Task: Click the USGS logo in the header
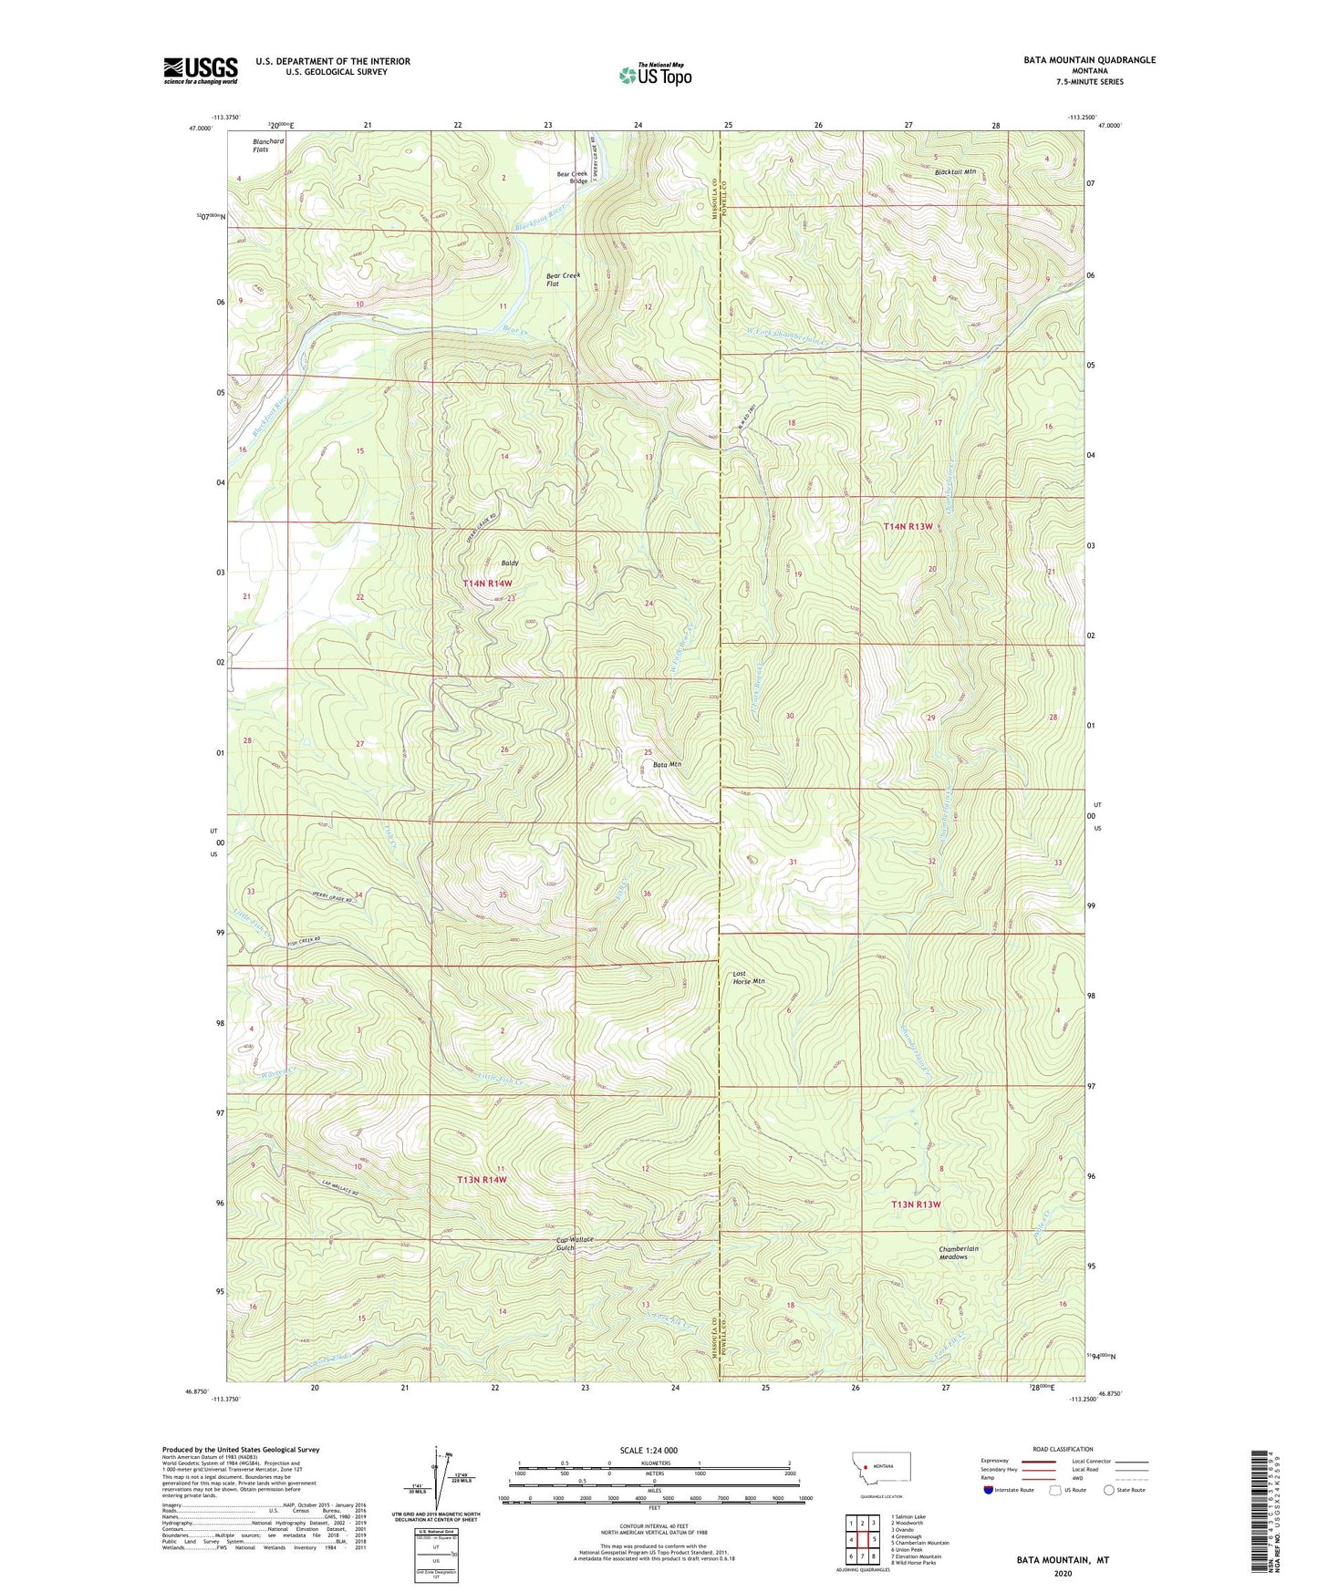click(x=201, y=70)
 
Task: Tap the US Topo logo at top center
click(x=655, y=75)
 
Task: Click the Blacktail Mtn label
click(x=955, y=171)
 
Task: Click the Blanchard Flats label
click(x=268, y=145)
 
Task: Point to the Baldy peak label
click(x=509, y=563)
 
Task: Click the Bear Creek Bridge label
click(x=573, y=177)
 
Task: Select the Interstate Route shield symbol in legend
click(x=989, y=1491)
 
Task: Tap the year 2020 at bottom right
click(x=1062, y=1573)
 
